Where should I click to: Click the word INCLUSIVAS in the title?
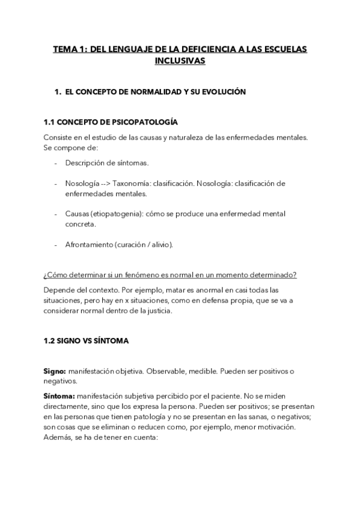point(180,61)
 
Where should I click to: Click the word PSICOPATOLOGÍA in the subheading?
point(145,122)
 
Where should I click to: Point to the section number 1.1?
point(49,122)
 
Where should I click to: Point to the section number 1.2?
point(49,340)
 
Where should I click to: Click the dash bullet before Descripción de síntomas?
point(56,163)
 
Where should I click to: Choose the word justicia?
point(156,311)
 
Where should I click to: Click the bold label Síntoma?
point(59,396)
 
